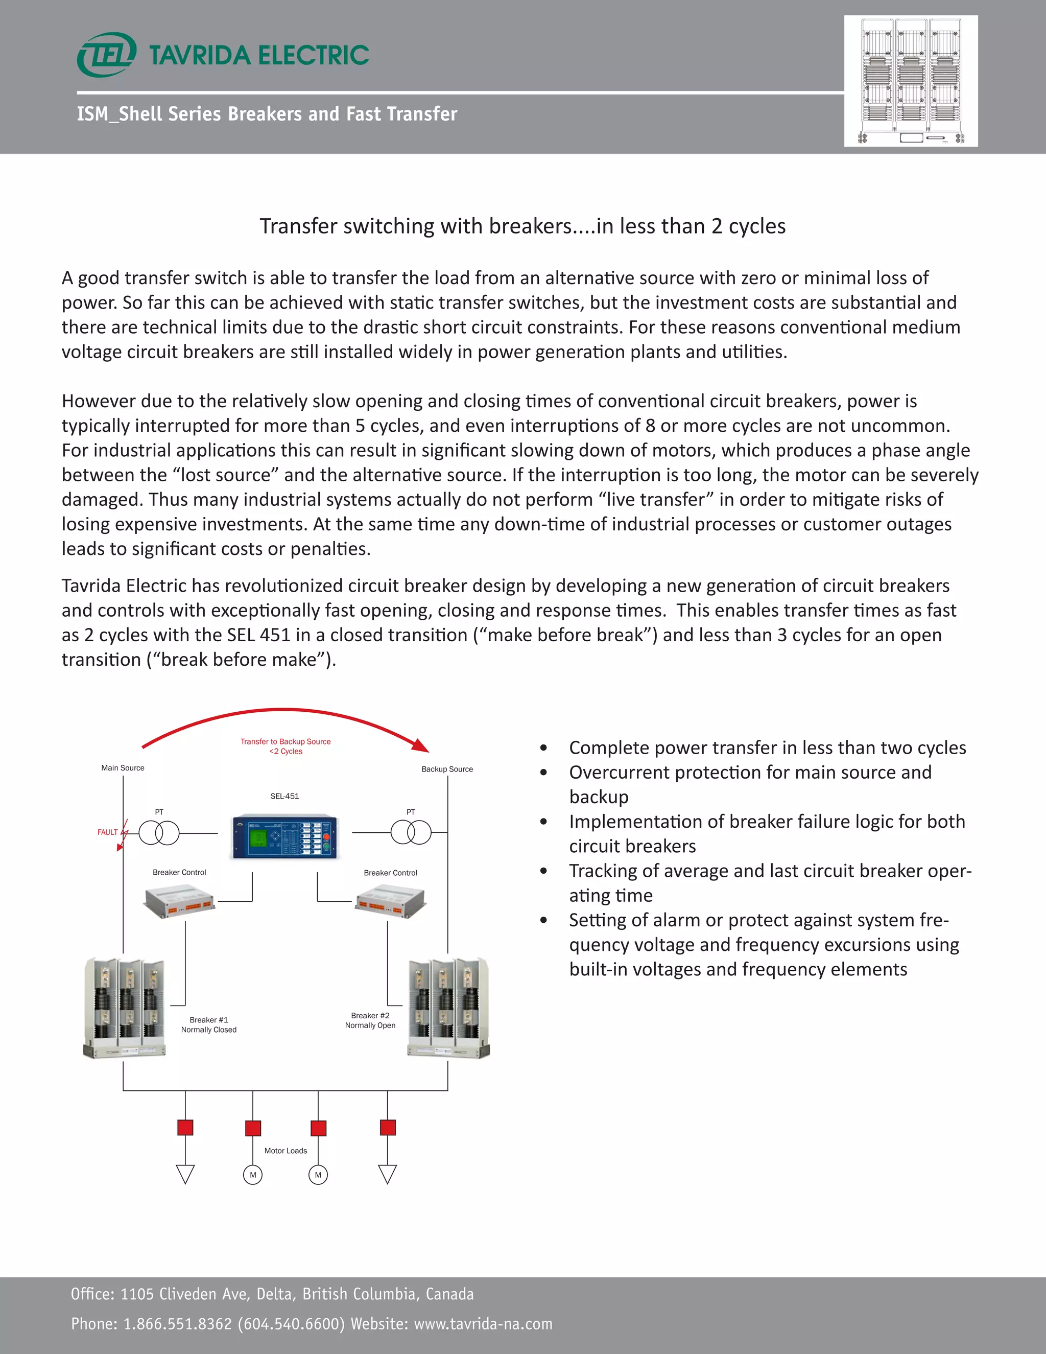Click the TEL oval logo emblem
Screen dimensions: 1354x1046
[106, 55]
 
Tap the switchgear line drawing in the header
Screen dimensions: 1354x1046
[910, 81]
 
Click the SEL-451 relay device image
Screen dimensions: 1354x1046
[284, 837]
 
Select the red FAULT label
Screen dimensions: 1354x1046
[107, 832]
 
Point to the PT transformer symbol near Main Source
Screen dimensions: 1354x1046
[159, 833]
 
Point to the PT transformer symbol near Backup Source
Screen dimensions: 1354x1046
[411, 832]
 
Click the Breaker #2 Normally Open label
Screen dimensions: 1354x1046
[370, 1020]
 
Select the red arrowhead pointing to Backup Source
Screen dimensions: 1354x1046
[421, 745]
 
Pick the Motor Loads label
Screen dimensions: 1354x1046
[286, 1151]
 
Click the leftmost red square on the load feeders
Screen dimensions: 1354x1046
[185, 1127]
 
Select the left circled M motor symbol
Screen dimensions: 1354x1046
[253, 1175]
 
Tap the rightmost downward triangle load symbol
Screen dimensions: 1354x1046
[387, 1174]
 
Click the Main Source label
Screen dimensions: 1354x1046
[123, 767]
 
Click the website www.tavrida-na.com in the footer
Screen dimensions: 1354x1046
[483, 1324]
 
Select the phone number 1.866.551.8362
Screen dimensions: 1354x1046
[177, 1324]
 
